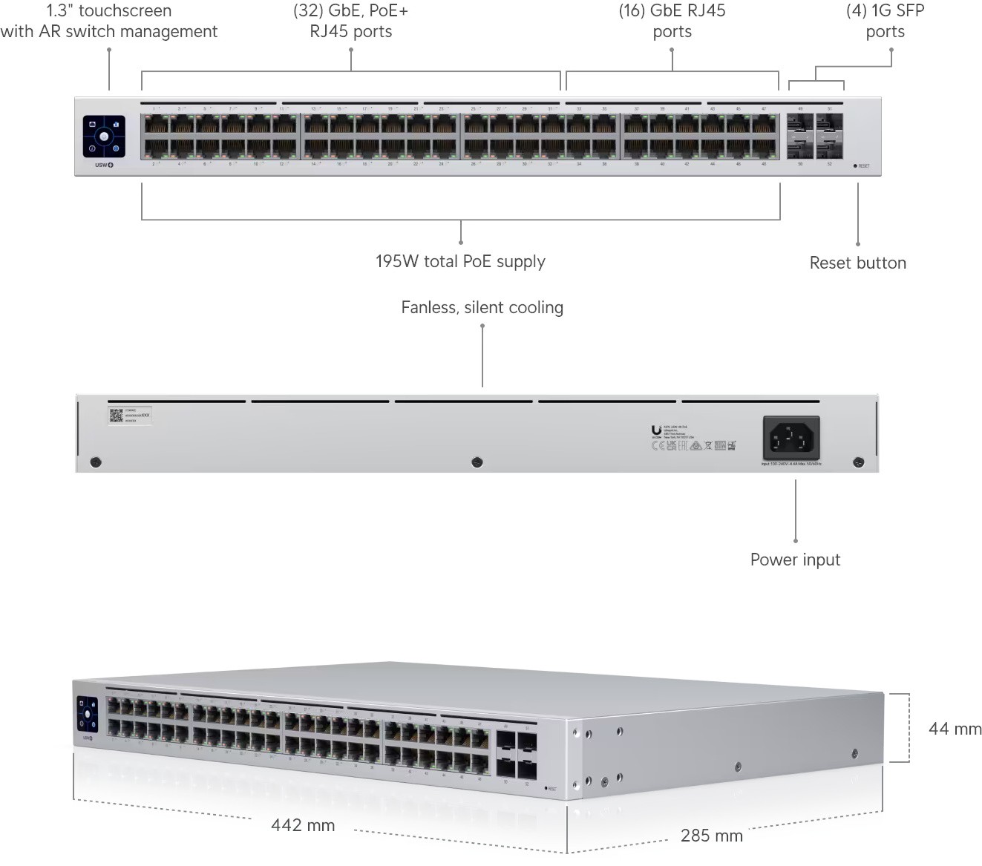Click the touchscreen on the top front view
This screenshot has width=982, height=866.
click(x=104, y=137)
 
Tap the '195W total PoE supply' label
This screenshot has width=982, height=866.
click(x=460, y=261)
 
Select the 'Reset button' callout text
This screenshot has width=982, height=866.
click(x=857, y=263)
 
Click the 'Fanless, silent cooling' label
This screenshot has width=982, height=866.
click(x=482, y=307)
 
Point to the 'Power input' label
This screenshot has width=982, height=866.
click(x=795, y=560)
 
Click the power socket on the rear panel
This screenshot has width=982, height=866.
click(x=791, y=439)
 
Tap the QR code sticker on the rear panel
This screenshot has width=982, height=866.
click(x=116, y=416)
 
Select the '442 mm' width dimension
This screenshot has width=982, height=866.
click(x=303, y=825)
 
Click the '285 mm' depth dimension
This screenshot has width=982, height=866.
click(x=711, y=836)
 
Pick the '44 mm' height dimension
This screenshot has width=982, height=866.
click(x=955, y=729)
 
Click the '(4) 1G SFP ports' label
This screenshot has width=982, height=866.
click(x=885, y=21)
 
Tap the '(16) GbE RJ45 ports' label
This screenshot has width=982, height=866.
click(x=672, y=21)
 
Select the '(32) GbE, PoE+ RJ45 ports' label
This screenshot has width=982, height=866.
click(x=350, y=21)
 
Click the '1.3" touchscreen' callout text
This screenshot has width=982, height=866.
click(x=108, y=21)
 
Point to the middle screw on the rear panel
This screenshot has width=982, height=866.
click(x=477, y=463)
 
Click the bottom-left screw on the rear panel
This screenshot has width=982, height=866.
click(x=95, y=463)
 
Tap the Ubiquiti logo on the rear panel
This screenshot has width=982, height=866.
click(x=656, y=430)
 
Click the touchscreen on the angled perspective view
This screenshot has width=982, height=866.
click(x=88, y=714)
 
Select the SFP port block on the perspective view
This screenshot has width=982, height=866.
click(x=517, y=754)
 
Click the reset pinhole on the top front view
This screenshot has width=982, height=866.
click(x=855, y=166)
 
